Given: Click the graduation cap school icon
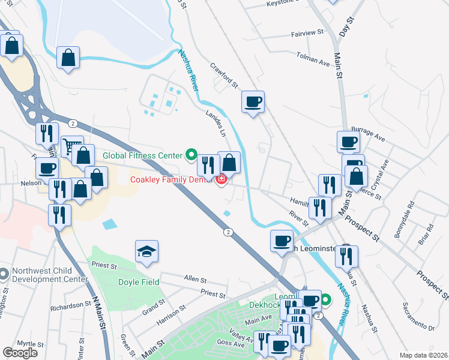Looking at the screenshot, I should [147, 251].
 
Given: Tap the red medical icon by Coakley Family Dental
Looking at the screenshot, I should [221, 179].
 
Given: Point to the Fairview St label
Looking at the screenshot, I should [307, 34].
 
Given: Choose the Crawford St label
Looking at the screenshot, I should [224, 76].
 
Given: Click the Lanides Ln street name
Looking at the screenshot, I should [217, 119].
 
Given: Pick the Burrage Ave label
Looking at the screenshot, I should [367, 137].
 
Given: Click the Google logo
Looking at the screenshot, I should [20, 353].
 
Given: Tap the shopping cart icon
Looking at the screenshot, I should [71, 146].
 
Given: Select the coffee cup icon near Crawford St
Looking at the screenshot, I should [253, 101].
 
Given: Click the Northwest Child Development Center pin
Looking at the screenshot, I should [4, 275].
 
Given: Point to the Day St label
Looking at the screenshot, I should [344, 28].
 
